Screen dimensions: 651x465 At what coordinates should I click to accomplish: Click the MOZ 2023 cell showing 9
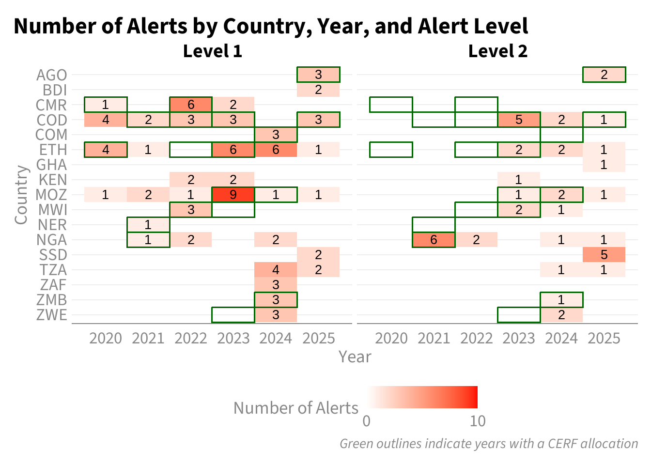coord(233,194)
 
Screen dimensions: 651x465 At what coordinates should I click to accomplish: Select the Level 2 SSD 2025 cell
coord(604,255)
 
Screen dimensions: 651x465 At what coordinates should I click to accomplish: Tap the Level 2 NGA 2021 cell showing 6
coord(434,240)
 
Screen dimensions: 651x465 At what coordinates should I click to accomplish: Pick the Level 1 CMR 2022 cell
coord(191,105)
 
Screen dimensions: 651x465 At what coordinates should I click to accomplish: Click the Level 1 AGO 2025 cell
coord(319,75)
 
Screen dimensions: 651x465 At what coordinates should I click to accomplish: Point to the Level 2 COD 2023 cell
coord(519,120)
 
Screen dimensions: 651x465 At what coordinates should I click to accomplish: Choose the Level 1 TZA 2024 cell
coord(276,270)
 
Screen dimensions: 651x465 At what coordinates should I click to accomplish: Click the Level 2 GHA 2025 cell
coord(604,165)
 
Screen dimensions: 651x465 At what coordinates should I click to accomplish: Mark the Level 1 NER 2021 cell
coord(149,225)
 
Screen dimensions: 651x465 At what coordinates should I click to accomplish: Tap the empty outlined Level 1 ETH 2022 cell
coord(191,150)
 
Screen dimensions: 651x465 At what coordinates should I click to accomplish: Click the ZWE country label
coord(52,315)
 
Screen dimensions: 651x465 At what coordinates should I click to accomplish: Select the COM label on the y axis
coord(51,135)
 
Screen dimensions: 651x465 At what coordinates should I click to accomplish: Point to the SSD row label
coord(53,255)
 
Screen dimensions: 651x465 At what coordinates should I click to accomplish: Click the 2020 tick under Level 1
coord(106,339)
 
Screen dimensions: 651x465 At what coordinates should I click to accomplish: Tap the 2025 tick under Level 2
coord(604,339)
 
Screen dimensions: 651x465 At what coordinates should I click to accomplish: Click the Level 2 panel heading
coord(498,51)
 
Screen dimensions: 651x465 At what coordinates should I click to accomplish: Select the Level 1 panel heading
coord(213,51)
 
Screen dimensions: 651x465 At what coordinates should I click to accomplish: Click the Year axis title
coord(355,356)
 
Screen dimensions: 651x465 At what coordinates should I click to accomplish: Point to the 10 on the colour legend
coord(478,421)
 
